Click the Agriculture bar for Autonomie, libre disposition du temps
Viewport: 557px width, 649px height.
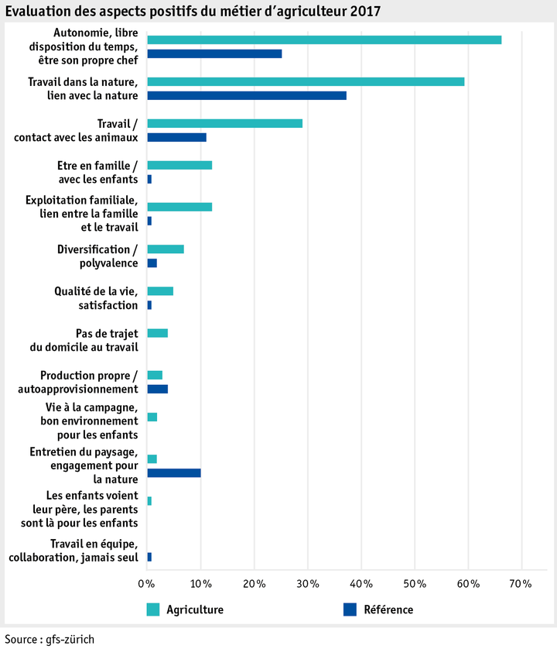[x=324, y=40]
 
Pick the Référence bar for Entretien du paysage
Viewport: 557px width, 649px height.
[x=174, y=473]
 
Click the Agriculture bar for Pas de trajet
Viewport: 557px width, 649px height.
[x=157, y=333]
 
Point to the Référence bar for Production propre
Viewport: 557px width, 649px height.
[x=157, y=389]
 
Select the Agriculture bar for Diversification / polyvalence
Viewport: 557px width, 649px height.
[x=166, y=249]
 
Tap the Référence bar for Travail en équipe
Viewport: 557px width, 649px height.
[x=149, y=557]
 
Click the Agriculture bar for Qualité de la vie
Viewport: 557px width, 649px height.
[x=160, y=291]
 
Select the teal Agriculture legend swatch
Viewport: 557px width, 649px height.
[x=153, y=610]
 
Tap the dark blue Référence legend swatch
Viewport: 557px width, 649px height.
[x=349, y=610]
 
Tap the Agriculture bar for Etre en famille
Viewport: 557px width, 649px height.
[x=179, y=165]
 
